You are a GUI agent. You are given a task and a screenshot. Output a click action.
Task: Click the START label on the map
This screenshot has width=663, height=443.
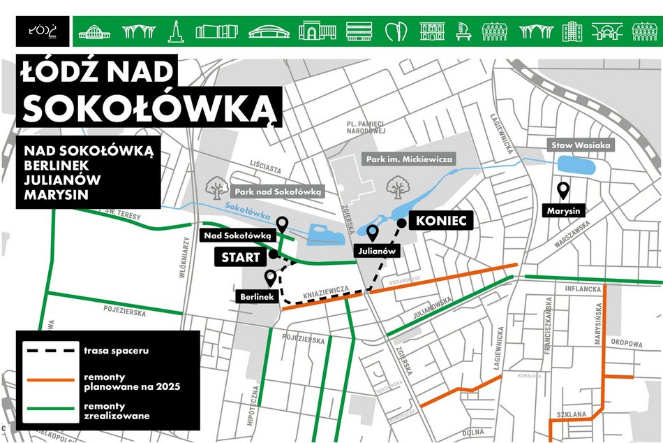pyautogui.click(x=241, y=257)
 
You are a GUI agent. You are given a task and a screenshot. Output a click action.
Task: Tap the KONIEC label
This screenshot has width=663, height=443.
pyautogui.click(x=445, y=221)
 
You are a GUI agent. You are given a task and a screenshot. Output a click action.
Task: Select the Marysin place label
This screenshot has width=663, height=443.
pyautogui.click(x=564, y=210)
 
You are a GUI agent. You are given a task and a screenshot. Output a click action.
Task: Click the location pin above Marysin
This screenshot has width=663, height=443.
pyautogui.click(x=563, y=189)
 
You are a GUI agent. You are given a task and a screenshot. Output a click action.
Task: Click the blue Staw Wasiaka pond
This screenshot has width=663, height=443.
pyautogui.click(x=577, y=166)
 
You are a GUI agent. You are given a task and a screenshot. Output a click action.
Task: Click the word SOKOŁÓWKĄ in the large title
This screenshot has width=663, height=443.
pyautogui.click(x=148, y=107)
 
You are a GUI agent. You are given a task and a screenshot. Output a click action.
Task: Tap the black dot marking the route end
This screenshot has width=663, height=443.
pyautogui.click(x=402, y=222)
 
